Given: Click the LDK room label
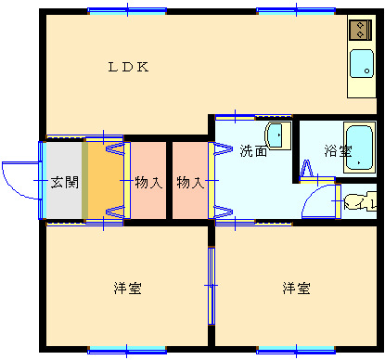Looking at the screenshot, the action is (128, 67).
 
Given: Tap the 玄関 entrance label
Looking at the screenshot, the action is (65, 182).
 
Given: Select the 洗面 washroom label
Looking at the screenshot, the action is (253, 151).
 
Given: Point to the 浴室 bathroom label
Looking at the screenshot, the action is (338, 151).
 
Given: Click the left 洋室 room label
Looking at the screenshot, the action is (127, 289).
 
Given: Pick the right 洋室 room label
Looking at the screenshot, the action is (296, 289).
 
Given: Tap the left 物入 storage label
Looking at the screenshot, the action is (148, 182).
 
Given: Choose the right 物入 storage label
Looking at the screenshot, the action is (190, 182).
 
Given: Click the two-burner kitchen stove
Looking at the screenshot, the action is (360, 30).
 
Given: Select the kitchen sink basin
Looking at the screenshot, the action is (362, 63).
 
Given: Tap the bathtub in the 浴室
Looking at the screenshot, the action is (359, 148).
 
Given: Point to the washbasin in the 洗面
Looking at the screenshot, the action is (277, 135).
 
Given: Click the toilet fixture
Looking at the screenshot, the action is (361, 201).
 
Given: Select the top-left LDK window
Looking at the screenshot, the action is (127, 11).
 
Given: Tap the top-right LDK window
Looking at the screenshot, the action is (296, 11).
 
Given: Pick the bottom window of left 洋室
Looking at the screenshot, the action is (127, 350).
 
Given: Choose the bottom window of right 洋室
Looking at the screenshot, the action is (296, 350).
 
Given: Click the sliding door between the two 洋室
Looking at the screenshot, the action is (212, 286).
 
